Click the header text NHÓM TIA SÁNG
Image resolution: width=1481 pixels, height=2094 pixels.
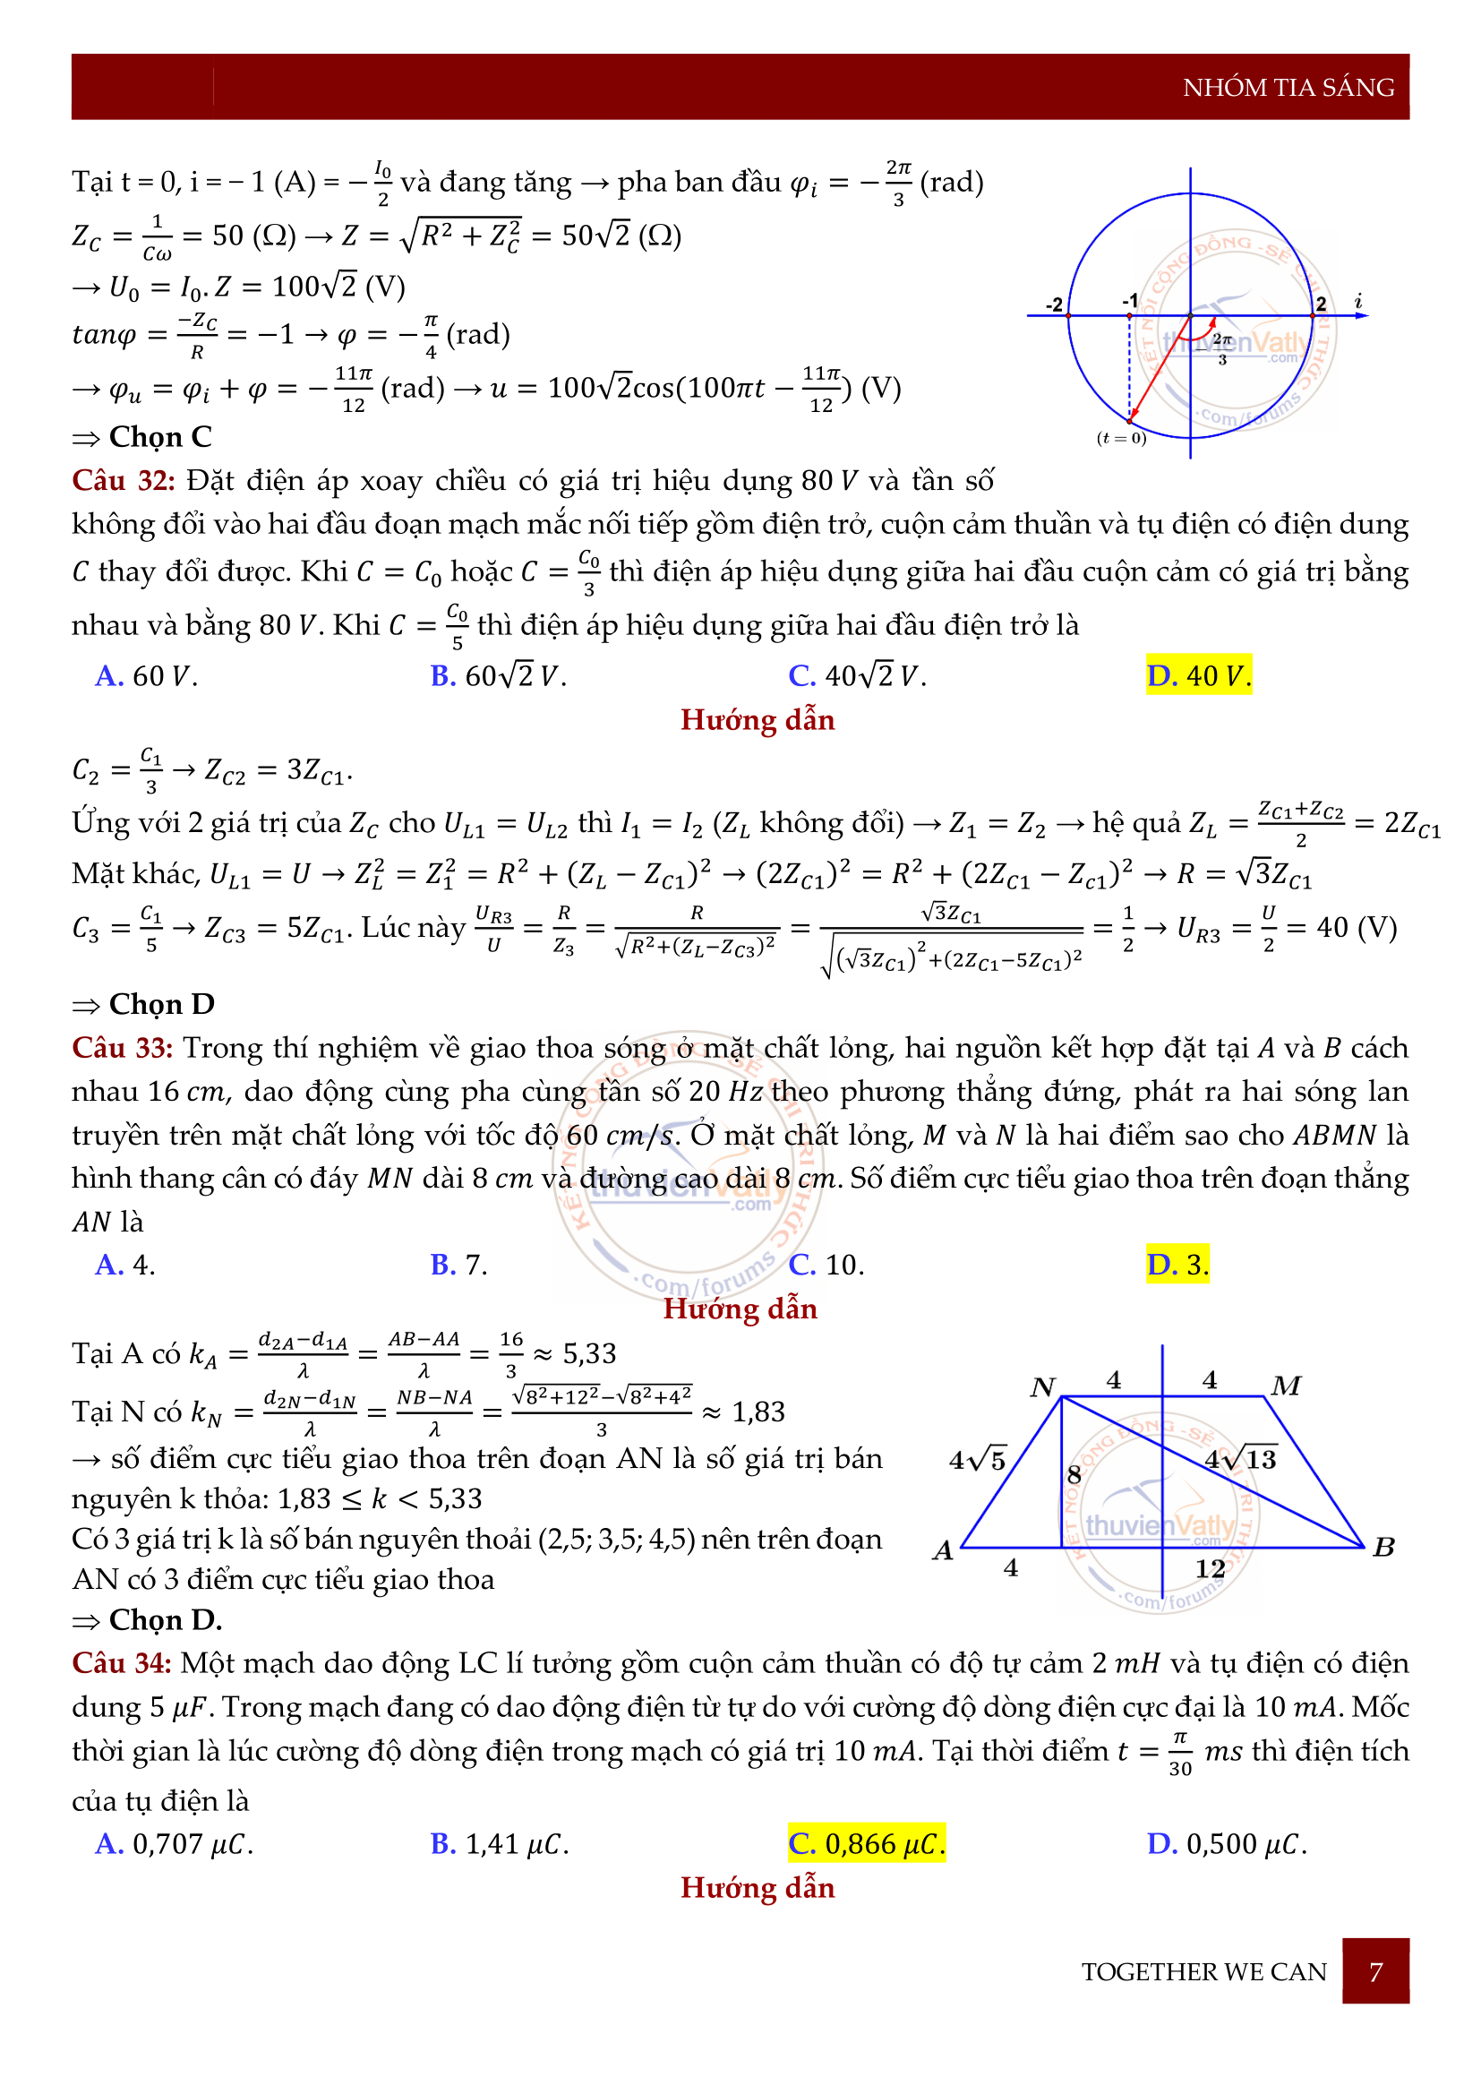pos(1288,88)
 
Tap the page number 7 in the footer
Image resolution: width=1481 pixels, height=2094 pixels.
pos(1375,1972)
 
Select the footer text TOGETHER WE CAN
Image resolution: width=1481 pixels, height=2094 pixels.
pos(1203,1972)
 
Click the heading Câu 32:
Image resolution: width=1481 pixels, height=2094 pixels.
pos(123,481)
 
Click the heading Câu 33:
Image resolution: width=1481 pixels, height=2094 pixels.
pos(122,1048)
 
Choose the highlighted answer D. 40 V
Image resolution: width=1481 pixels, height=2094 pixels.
pos(1198,676)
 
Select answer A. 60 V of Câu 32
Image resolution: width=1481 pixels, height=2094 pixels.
pos(146,676)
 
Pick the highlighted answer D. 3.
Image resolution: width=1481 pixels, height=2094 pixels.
pos(1177,1265)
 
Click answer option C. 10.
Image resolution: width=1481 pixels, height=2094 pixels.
pos(826,1265)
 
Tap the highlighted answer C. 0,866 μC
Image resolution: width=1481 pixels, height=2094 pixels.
pos(867,1844)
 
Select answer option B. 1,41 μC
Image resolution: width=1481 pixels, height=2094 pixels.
pos(500,1844)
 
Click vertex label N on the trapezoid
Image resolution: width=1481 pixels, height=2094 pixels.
pos(1042,1387)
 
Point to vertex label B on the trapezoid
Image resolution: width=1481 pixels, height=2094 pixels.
pos(1383,1547)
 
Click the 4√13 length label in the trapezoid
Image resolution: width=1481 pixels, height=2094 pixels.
pos(1240,1458)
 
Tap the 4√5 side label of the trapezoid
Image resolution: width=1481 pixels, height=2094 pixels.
pos(978,1460)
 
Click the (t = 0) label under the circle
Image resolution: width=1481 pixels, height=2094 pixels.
pos(1121,439)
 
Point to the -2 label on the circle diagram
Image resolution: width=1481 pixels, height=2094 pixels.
pos(1054,305)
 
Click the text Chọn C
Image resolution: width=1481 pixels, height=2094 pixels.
pos(159,438)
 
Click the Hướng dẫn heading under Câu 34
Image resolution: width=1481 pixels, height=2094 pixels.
pos(758,1888)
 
